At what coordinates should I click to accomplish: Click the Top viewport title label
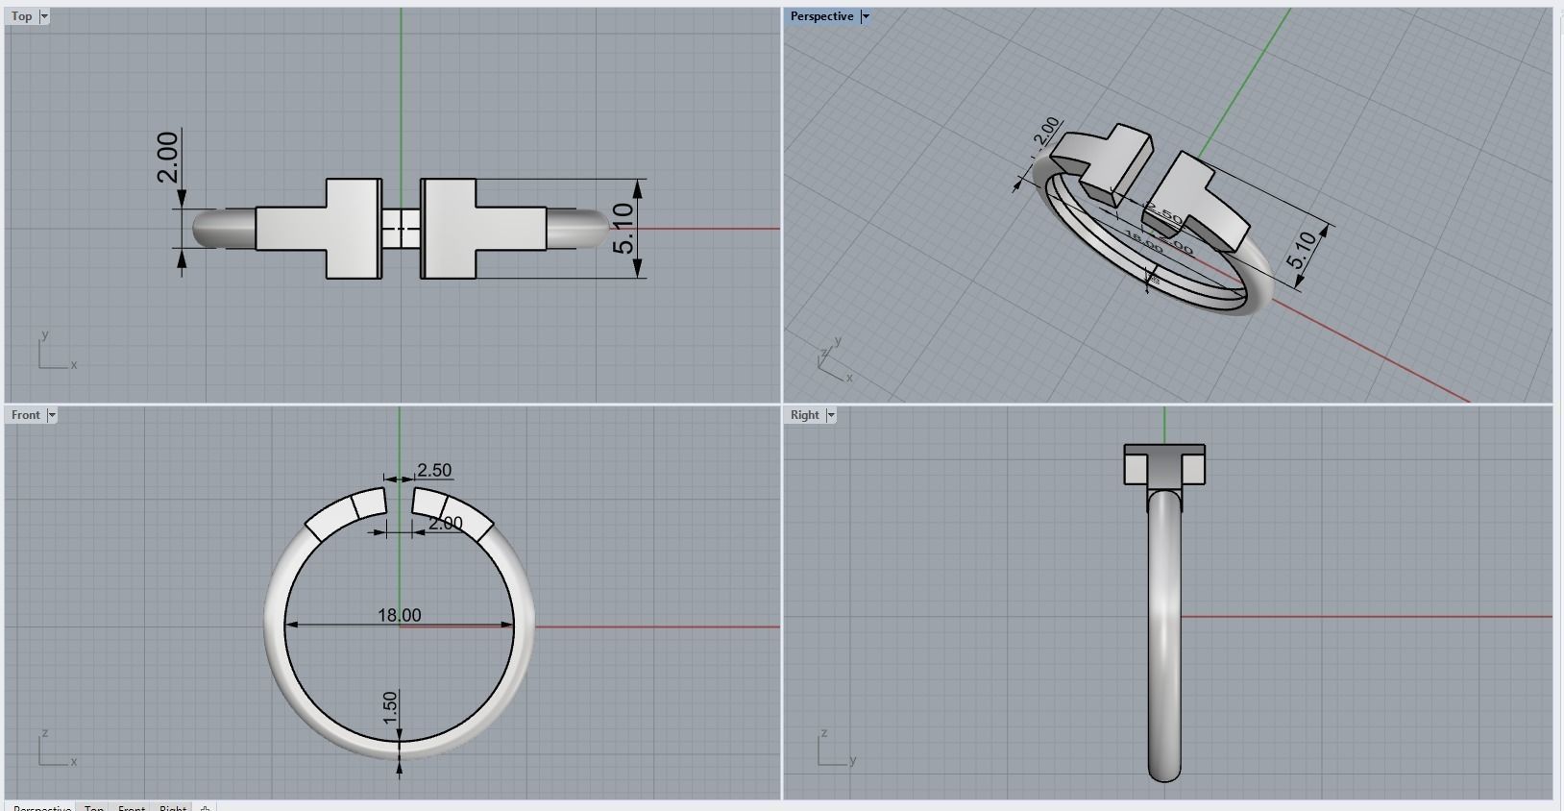tap(21, 16)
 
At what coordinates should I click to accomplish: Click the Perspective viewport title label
tap(821, 16)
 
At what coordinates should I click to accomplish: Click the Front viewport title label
tap(26, 415)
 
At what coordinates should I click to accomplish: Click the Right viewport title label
tap(804, 415)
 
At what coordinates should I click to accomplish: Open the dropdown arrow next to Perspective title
tap(866, 16)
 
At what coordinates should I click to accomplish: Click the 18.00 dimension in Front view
tap(399, 615)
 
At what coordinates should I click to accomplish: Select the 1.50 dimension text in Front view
tap(390, 708)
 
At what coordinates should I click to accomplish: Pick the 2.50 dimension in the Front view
tap(434, 470)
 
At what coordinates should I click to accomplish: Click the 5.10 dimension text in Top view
tap(624, 229)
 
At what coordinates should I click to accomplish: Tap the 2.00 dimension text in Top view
tap(167, 157)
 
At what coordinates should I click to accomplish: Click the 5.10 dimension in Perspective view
tap(1302, 251)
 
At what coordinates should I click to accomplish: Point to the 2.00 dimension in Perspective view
tap(1048, 131)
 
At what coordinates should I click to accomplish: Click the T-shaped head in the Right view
tap(1164, 464)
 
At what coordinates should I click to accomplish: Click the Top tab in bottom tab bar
tap(94, 807)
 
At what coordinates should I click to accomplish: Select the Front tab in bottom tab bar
tap(132, 807)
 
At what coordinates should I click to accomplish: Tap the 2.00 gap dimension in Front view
tap(445, 524)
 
